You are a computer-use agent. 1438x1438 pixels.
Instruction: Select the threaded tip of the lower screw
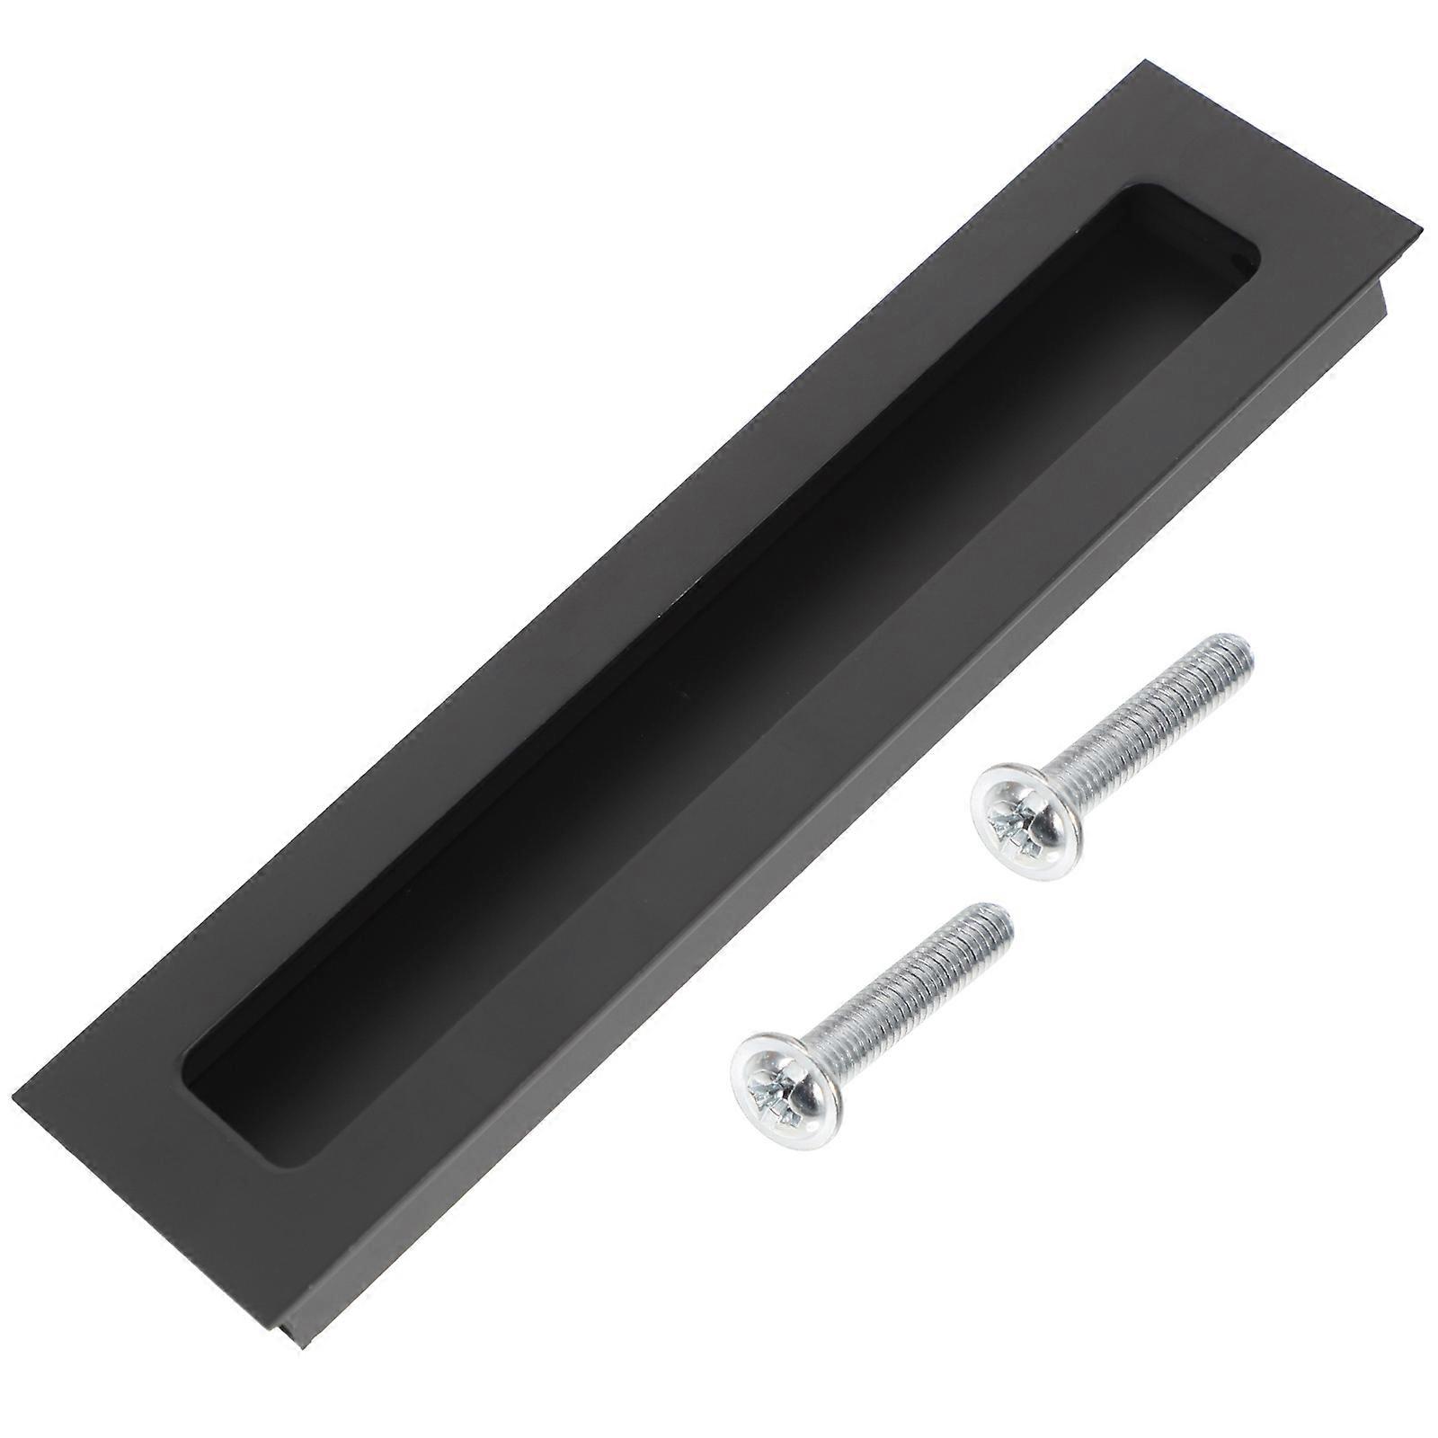[999, 920]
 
